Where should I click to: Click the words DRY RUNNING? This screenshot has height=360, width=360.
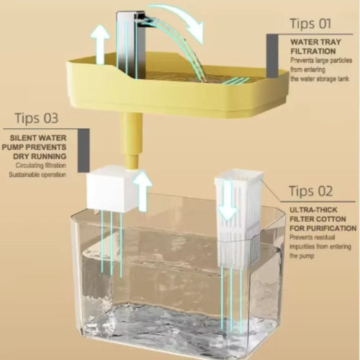coord(44,155)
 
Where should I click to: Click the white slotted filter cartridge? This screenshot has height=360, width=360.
coord(237,210)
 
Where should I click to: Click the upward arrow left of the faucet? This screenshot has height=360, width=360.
coord(102,47)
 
